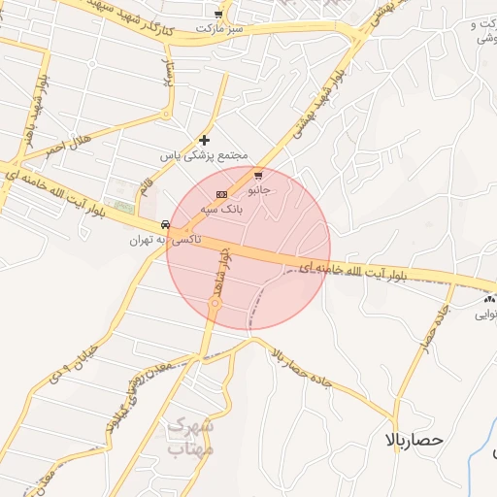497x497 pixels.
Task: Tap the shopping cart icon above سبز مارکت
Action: pos(218,15)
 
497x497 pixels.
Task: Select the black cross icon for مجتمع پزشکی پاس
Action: pos(204,141)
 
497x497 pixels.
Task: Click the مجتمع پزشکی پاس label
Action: pos(205,155)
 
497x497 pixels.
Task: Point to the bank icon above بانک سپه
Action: pos(220,195)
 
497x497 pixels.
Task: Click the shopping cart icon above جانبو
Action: pos(258,176)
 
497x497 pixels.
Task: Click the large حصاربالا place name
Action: pos(413,440)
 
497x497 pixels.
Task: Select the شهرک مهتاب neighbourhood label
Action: pos(189,438)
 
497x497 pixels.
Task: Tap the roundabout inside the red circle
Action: pos(215,305)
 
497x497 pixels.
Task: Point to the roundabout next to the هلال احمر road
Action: pos(166,115)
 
